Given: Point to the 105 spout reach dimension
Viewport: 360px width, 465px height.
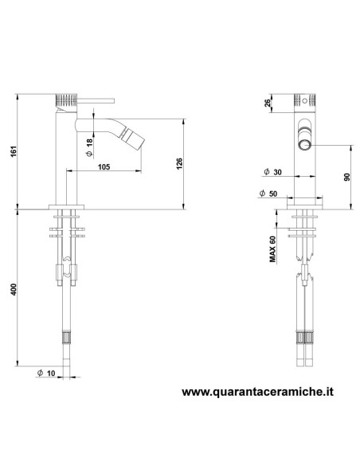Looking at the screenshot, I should [104, 166].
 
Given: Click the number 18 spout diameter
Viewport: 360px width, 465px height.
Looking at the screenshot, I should [90, 142].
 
